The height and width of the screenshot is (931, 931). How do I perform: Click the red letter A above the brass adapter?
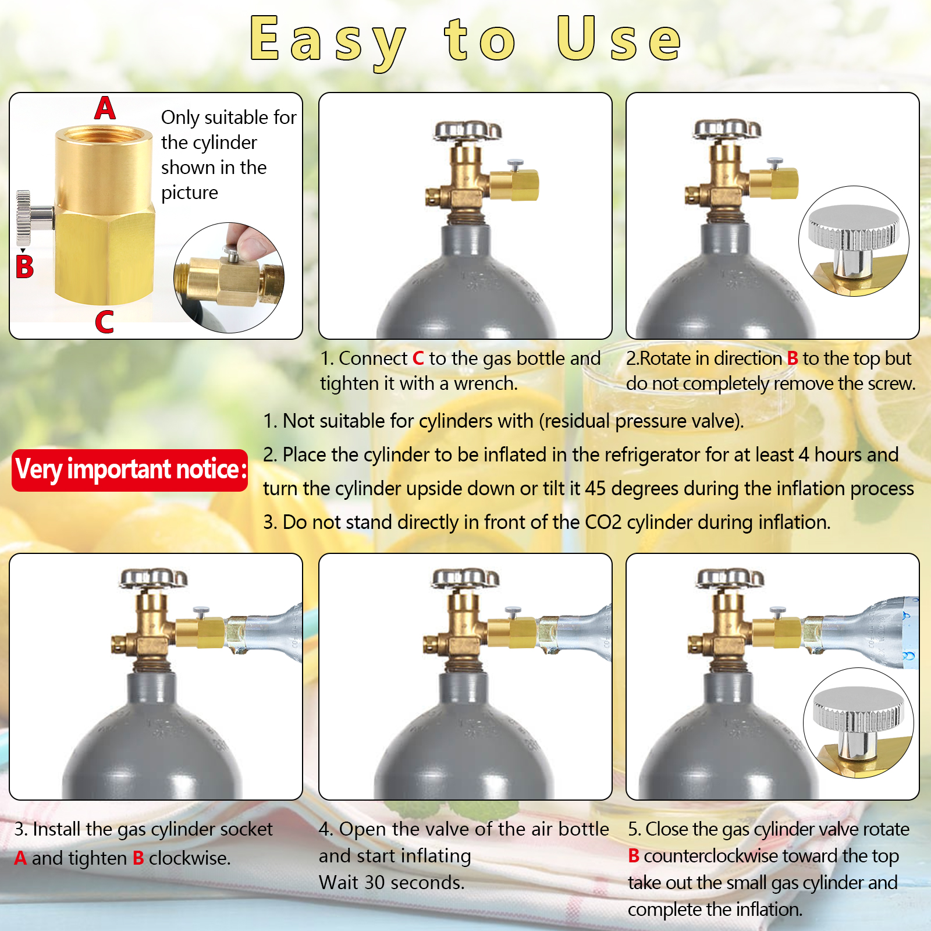(105, 108)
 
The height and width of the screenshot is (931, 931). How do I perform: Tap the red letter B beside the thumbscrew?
(24, 267)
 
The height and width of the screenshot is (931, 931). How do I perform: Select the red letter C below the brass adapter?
(104, 322)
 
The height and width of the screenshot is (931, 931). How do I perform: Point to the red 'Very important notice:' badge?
(130, 470)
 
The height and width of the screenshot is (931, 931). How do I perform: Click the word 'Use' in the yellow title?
(618, 40)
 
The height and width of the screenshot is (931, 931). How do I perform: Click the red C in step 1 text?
(418, 358)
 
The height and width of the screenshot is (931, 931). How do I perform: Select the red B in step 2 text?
(792, 358)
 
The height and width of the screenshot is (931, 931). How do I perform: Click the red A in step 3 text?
(20, 858)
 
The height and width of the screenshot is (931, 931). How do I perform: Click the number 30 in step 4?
(375, 883)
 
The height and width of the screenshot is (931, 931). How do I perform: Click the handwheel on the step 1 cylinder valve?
(467, 132)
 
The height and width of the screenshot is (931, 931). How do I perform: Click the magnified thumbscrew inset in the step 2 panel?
(854, 241)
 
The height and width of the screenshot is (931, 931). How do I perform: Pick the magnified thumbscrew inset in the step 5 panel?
(858, 723)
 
